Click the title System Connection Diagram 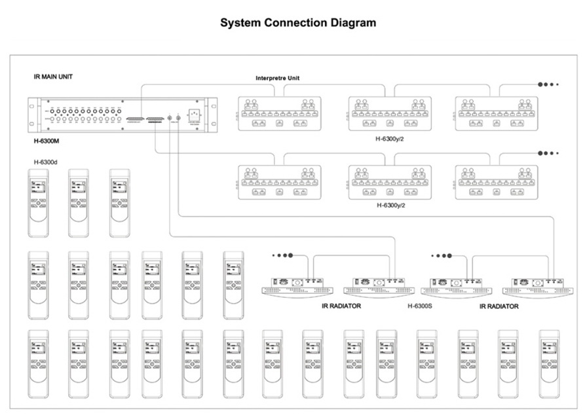[x=298, y=23]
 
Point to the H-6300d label [x=47, y=162]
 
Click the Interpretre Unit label [x=278, y=78]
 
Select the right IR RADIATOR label [x=499, y=306]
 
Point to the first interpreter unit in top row [x=278, y=112]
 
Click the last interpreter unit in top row [x=496, y=112]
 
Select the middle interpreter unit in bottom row [x=389, y=181]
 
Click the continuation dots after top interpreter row [x=547, y=84]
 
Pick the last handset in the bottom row [x=548, y=364]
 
